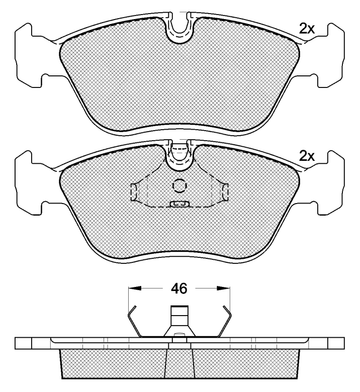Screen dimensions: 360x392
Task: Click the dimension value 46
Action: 179,289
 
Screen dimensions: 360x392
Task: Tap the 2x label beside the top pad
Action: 307,29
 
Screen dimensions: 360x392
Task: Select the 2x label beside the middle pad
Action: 307,156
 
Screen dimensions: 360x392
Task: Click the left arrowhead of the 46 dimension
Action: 135,288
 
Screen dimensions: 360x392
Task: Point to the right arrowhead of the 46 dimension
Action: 223,288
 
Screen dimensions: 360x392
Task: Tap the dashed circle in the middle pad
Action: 179,186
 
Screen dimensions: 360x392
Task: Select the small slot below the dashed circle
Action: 179,204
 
